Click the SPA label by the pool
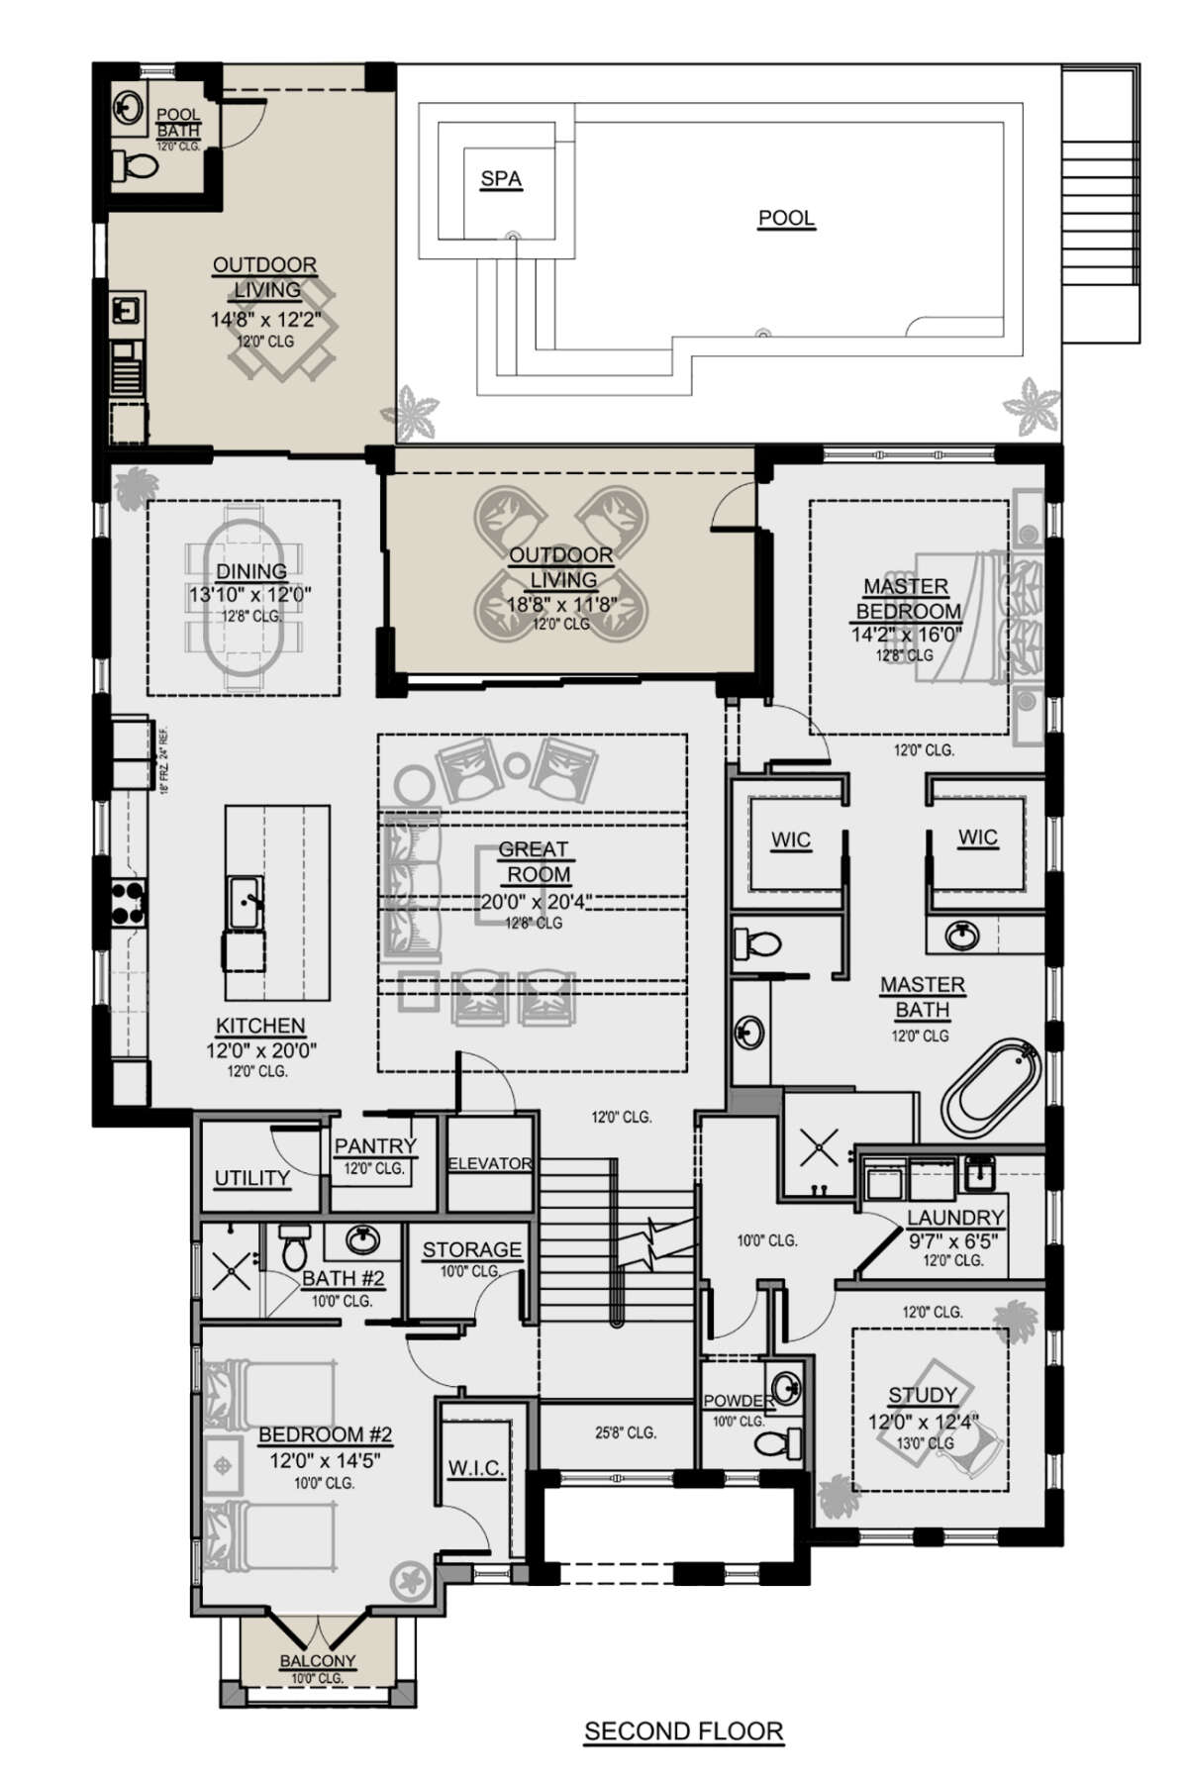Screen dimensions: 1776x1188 (x=501, y=179)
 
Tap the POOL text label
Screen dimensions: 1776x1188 (x=786, y=218)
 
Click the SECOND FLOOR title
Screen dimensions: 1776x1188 (x=683, y=1731)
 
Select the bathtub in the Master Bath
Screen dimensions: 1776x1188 (x=991, y=1088)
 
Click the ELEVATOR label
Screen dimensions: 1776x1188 (x=490, y=1163)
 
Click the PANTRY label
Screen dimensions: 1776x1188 (x=375, y=1145)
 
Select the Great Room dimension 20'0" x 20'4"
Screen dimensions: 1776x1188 (x=532, y=901)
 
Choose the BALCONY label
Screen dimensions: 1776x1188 (x=317, y=1660)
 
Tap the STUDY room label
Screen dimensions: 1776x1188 (x=922, y=1395)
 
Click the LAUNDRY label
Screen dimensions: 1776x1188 (x=955, y=1217)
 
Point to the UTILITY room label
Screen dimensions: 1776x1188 (x=252, y=1178)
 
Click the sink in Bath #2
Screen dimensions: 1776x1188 (x=360, y=1239)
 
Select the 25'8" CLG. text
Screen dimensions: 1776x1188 (x=626, y=1431)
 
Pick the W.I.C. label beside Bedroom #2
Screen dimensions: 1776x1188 (x=476, y=1468)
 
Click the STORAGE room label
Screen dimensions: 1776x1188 (x=471, y=1249)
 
